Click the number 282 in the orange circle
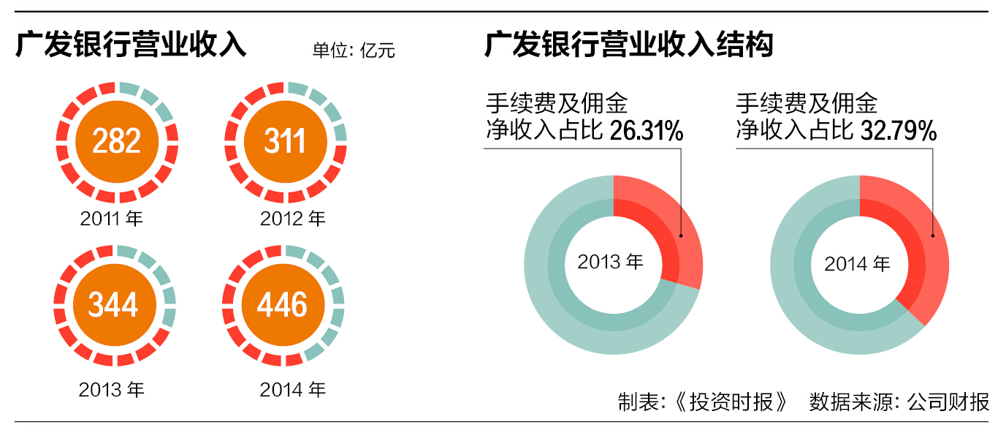click(x=117, y=140)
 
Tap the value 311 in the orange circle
click(x=285, y=140)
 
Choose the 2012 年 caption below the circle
click(x=292, y=218)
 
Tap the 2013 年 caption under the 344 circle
click(x=112, y=390)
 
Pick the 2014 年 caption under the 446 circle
click(x=292, y=390)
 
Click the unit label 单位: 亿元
click(x=354, y=51)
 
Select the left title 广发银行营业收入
click(x=132, y=45)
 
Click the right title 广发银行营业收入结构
click(x=629, y=45)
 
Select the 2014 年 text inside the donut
click(x=858, y=263)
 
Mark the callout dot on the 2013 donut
click(x=681, y=236)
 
